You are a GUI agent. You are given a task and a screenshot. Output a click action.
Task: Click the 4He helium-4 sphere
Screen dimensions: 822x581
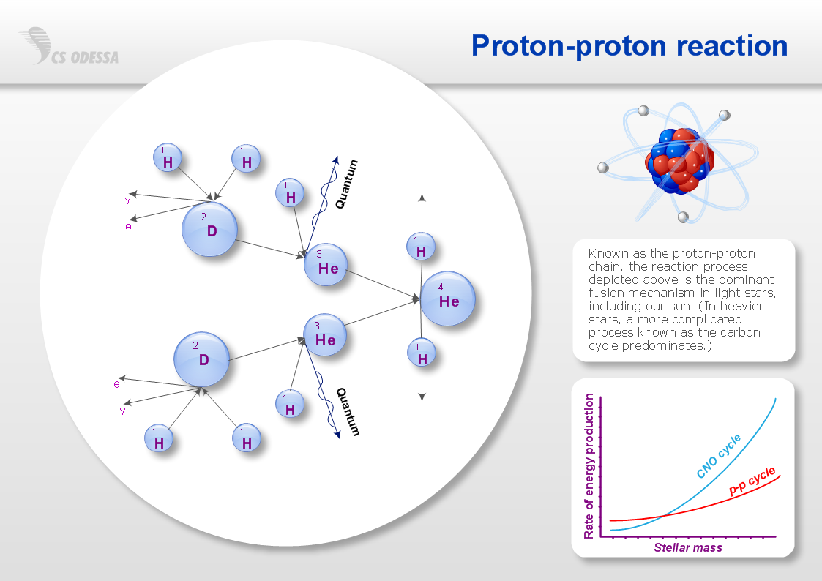[448, 299]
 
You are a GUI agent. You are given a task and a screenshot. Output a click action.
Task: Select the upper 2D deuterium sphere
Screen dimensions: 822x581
[209, 229]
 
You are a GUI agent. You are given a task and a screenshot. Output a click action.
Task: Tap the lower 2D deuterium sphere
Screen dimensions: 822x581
[202, 359]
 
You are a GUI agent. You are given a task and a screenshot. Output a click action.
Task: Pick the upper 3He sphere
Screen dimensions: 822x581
[326, 265]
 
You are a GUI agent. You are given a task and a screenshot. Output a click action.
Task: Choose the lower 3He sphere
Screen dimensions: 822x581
[325, 335]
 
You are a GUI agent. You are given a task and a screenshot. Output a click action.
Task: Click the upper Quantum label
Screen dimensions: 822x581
[346, 184]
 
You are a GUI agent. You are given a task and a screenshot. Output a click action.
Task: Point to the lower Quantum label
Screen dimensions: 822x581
[348, 412]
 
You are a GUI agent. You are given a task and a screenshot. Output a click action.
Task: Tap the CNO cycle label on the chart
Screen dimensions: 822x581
[718, 456]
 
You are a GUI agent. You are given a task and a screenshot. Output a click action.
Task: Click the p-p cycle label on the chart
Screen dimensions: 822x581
[752, 481]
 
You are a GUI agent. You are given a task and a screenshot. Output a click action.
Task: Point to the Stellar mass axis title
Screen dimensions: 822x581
[688, 547]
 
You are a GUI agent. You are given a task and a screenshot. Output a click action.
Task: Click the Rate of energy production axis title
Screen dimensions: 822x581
[589, 465]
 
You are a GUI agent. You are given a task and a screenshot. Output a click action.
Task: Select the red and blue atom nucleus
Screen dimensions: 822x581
[679, 161]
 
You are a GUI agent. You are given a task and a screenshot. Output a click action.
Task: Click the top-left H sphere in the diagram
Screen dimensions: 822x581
[168, 157]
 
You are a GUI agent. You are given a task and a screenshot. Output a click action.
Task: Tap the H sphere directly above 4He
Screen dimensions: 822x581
[421, 247]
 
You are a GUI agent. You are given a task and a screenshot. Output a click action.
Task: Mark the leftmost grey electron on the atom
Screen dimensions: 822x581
[603, 168]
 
